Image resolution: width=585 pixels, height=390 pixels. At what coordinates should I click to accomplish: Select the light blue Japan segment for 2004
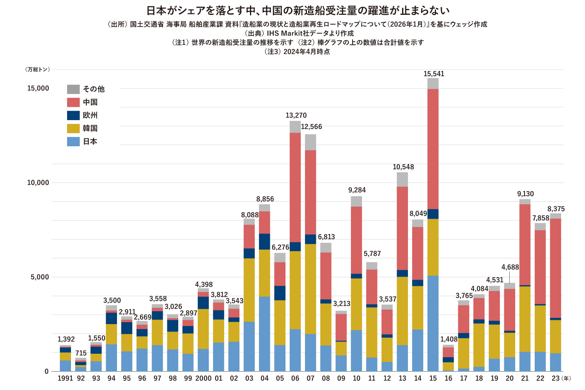[x=264, y=334]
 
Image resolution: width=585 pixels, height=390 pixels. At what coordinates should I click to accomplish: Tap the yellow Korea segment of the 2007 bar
[x=310, y=289]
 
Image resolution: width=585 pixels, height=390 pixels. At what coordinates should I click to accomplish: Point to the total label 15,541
[x=434, y=74]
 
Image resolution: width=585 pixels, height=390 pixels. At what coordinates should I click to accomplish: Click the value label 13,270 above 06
[x=296, y=115]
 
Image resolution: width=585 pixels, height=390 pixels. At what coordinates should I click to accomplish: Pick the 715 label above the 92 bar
[x=81, y=353]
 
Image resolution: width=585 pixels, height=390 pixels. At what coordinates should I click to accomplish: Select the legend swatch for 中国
[x=73, y=102]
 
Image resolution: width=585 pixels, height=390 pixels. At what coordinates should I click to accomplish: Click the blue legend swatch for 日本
[x=73, y=142]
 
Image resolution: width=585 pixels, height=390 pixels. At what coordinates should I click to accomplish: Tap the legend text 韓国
[x=90, y=128]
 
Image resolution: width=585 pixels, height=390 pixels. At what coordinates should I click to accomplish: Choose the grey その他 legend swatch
[x=73, y=89]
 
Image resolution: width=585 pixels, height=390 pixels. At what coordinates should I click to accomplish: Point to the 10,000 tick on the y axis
[x=38, y=183]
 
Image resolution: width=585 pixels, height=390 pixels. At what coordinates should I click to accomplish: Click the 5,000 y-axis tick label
[x=40, y=277]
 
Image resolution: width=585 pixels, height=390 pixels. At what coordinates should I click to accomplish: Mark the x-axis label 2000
[x=203, y=378]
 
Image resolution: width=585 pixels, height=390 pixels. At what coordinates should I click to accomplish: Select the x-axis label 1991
[x=65, y=378]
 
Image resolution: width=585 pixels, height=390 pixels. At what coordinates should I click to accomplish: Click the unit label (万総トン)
[x=38, y=69]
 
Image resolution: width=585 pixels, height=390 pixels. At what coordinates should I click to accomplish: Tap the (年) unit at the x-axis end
[x=566, y=378]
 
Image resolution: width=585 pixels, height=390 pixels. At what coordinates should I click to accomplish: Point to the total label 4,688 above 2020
[x=510, y=267]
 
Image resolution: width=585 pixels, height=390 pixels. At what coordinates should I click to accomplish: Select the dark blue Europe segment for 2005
[x=280, y=293]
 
